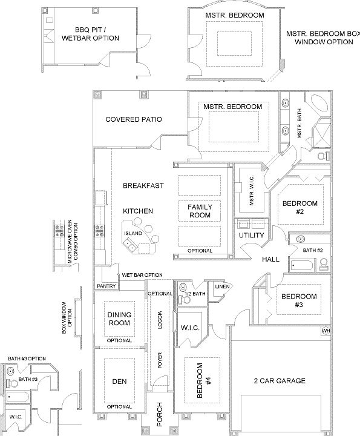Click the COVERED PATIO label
point(134,119)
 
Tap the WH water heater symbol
point(326,331)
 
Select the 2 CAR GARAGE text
point(280,381)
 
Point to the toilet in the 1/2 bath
point(185,300)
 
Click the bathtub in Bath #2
point(302,266)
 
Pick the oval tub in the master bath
point(319,104)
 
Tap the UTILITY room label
point(251,235)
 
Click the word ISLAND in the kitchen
point(133,233)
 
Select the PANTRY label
point(106,286)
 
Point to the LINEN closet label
point(223,286)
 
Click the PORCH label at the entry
point(160,414)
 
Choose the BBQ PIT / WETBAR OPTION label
point(90,34)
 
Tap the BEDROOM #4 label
point(204,380)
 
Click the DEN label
point(119,381)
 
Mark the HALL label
point(270,259)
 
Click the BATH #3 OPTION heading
point(27,358)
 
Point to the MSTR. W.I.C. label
point(252,191)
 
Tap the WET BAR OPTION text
point(142,275)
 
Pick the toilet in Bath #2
point(323,264)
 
